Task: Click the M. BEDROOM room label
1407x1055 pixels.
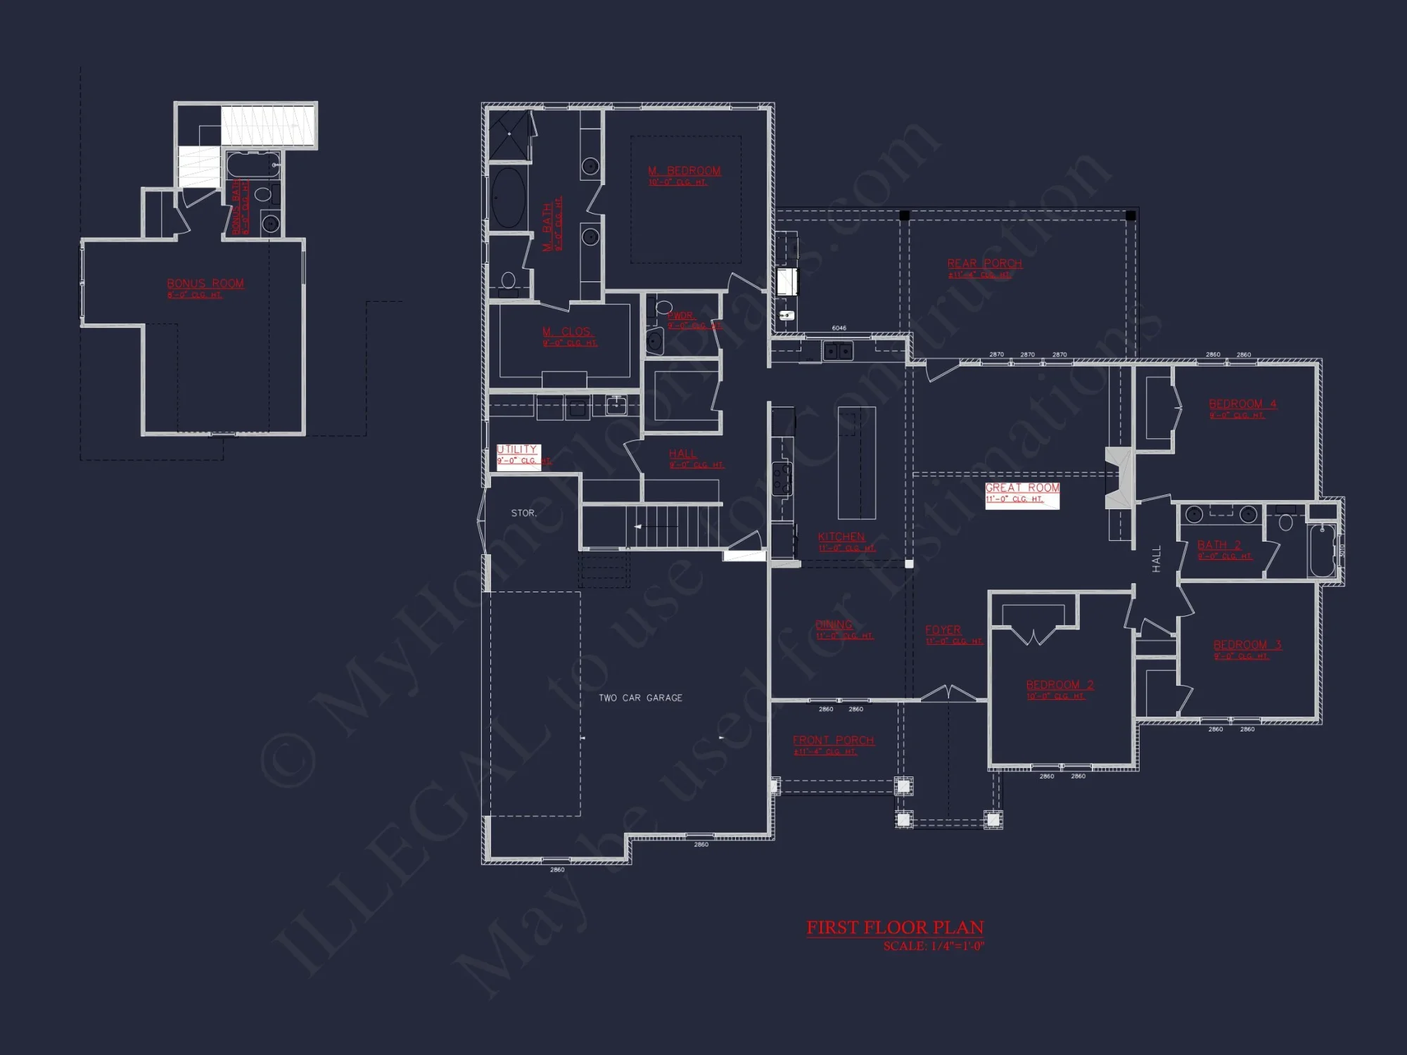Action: (684, 171)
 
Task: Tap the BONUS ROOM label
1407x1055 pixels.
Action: (205, 283)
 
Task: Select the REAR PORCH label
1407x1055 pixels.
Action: (984, 264)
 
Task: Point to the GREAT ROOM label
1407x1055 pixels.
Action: (1022, 488)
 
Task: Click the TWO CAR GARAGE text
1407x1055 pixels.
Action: (640, 698)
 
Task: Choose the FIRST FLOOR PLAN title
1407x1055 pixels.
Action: (895, 928)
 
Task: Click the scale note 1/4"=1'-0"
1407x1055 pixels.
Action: (934, 947)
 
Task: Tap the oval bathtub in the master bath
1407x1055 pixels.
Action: (507, 198)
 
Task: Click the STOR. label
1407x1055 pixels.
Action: (523, 513)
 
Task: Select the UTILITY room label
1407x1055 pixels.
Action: (517, 449)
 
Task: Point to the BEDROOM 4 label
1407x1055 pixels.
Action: (1242, 404)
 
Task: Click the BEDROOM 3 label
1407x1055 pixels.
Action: (1247, 645)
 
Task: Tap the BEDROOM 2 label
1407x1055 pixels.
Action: (1059, 685)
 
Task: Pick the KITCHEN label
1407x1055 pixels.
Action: (841, 537)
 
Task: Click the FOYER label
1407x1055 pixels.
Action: (943, 630)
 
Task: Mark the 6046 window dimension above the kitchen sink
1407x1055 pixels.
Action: (839, 328)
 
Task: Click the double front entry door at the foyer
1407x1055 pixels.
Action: (948, 693)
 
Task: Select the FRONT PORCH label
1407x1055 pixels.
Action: (833, 741)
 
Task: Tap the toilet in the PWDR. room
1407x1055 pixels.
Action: (663, 307)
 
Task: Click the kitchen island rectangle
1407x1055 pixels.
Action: (856, 462)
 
